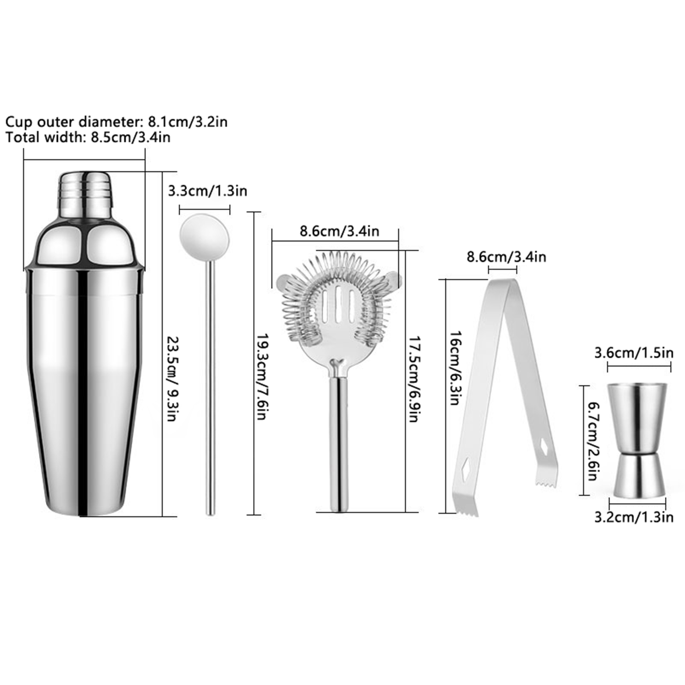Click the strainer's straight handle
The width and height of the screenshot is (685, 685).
coord(338,443)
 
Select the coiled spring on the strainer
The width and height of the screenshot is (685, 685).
coord(337,295)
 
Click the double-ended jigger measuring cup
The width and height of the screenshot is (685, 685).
coord(637,439)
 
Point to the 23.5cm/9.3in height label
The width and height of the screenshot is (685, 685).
coord(171,379)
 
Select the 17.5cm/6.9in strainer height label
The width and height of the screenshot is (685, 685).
coord(412,378)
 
